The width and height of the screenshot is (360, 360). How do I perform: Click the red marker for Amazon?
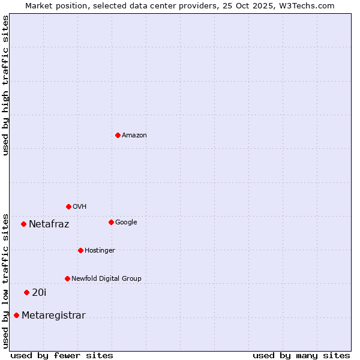tap(118, 135)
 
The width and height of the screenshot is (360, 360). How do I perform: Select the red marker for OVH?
tap(68, 206)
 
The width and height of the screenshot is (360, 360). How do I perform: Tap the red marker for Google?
tap(111, 222)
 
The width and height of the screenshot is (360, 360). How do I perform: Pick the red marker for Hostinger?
tap(80, 250)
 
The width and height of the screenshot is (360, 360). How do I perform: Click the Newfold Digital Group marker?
tap(67, 278)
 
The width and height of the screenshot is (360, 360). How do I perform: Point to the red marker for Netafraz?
tap(23, 224)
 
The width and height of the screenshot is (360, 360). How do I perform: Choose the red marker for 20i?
tap(26, 292)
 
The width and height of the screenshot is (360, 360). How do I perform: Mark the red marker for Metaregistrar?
tap(16, 315)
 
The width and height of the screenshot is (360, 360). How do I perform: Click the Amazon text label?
tap(134, 136)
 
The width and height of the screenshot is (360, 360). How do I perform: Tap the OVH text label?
tap(80, 207)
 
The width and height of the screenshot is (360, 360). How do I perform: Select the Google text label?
tap(126, 223)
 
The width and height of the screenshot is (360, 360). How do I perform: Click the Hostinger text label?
tap(100, 251)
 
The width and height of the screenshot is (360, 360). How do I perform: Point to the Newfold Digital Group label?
tap(106, 279)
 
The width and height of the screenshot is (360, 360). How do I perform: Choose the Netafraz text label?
tap(49, 224)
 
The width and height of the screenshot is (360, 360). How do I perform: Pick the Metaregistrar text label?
tap(53, 316)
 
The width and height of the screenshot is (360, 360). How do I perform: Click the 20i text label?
tap(39, 293)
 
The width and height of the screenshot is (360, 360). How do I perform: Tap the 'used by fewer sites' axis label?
tap(62, 355)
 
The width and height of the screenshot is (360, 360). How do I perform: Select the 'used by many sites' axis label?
tap(301, 355)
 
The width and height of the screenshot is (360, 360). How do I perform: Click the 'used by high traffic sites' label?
tap(5, 85)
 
